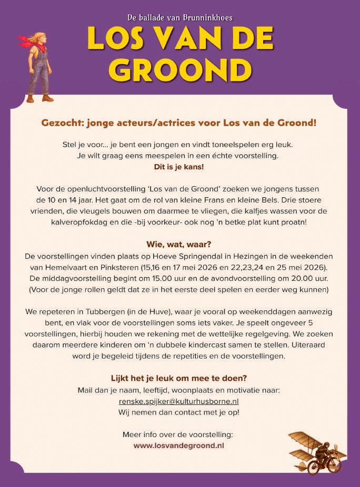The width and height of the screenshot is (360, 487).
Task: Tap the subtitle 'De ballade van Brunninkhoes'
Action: (180, 17)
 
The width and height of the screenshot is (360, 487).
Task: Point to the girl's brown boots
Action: (40, 98)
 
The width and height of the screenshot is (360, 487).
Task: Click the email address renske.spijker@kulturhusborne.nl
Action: (179, 401)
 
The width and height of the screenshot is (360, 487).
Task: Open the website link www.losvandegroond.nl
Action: (179, 445)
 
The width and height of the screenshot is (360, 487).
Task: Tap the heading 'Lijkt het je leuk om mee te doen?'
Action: (179, 379)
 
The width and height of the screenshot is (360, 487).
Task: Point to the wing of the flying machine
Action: (305, 439)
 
